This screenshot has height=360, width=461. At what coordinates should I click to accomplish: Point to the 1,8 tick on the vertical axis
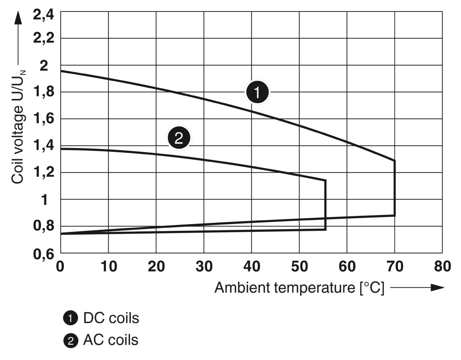pyautogui.click(x=44, y=92)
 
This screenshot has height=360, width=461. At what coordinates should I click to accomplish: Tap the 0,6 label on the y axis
pyautogui.click(x=44, y=254)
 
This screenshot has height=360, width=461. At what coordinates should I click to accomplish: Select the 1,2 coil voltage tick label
pyautogui.click(x=44, y=173)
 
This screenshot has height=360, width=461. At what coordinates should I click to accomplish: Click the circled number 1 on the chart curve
pyautogui.click(x=257, y=92)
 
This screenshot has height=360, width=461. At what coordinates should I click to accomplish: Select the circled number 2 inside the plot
pyautogui.click(x=179, y=138)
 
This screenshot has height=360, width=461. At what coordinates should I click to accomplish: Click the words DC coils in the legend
pyautogui.click(x=111, y=318)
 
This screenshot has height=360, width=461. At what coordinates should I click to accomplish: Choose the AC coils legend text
pyautogui.click(x=111, y=340)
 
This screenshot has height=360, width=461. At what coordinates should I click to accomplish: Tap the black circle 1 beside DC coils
pyautogui.click(x=70, y=319)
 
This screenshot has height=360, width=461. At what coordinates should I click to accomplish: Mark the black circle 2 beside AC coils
pyautogui.click(x=70, y=341)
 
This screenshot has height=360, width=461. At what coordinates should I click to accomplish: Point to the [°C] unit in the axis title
pyautogui.click(x=372, y=288)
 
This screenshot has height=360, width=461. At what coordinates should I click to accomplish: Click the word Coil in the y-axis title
pyautogui.click(x=18, y=174)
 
